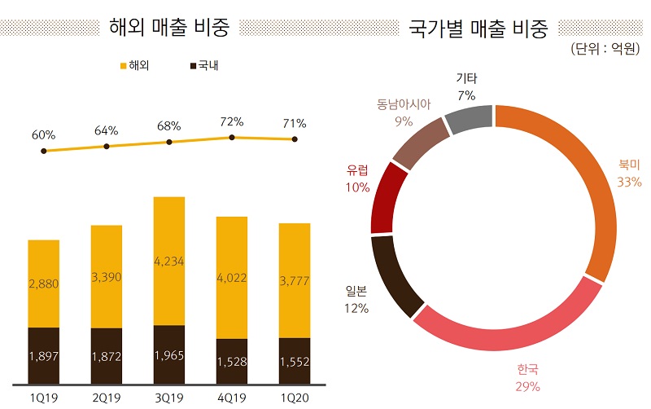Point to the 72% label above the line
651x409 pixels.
(232, 121)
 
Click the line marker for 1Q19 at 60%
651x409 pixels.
(43, 151)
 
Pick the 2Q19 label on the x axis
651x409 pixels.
(106, 396)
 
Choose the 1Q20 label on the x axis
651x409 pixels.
(294, 396)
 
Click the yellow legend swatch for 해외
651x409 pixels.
(122, 65)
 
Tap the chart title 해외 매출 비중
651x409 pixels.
(168, 27)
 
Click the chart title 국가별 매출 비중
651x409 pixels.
(478, 27)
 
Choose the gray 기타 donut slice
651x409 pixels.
(470, 120)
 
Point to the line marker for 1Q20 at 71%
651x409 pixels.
(295, 139)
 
